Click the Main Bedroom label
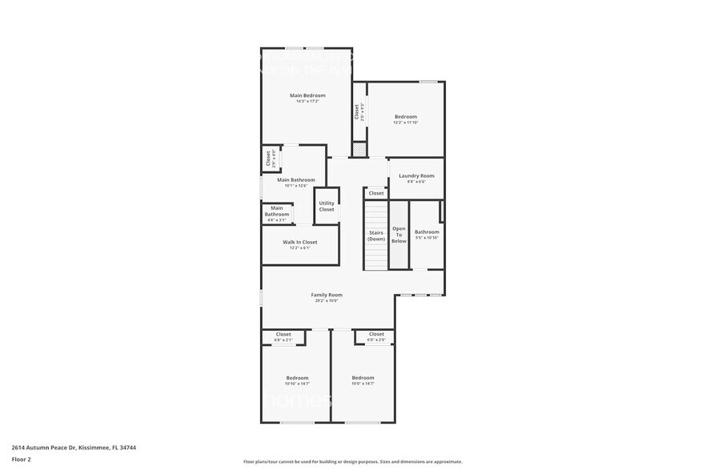(x=307, y=95)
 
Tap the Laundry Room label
(x=416, y=175)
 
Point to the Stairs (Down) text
(x=376, y=235)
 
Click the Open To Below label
(x=399, y=235)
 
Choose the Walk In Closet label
(x=299, y=242)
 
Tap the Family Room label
(x=327, y=295)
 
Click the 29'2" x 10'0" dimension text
(x=327, y=301)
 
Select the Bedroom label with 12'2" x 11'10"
(x=406, y=117)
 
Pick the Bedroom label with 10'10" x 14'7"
(x=297, y=377)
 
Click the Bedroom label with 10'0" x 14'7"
(x=363, y=377)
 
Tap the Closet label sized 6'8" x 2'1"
(x=283, y=334)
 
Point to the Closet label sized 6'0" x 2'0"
(x=376, y=334)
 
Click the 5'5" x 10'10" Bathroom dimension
(x=427, y=238)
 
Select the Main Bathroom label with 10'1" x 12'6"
(x=296, y=180)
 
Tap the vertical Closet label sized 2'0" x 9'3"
(x=357, y=111)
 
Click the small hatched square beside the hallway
(x=359, y=150)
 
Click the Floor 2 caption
(x=21, y=460)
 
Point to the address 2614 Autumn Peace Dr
(x=48, y=449)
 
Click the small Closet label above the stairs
(x=376, y=193)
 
